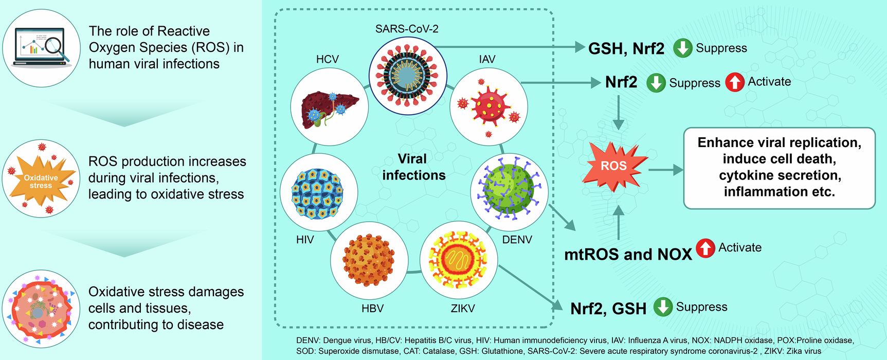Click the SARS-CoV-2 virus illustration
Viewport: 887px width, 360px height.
point(408,75)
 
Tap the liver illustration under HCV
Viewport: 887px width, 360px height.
point(329,107)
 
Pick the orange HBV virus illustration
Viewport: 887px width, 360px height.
point(369,261)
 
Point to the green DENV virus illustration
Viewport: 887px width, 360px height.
point(509,192)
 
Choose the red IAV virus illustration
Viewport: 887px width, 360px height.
point(488,107)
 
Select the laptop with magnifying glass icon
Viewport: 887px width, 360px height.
point(41,47)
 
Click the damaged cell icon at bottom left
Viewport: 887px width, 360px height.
point(41,309)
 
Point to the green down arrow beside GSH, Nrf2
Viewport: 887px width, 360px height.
point(682,48)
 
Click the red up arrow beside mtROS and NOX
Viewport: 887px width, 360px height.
point(705,248)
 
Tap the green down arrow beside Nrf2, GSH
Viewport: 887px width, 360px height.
point(663,307)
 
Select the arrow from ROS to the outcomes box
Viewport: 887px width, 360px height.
point(665,170)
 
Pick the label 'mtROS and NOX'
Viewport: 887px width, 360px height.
point(628,255)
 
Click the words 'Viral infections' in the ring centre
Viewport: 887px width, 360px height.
point(413,167)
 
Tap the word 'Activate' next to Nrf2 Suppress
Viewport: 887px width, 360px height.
point(769,82)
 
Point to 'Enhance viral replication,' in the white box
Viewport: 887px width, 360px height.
point(779,142)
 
